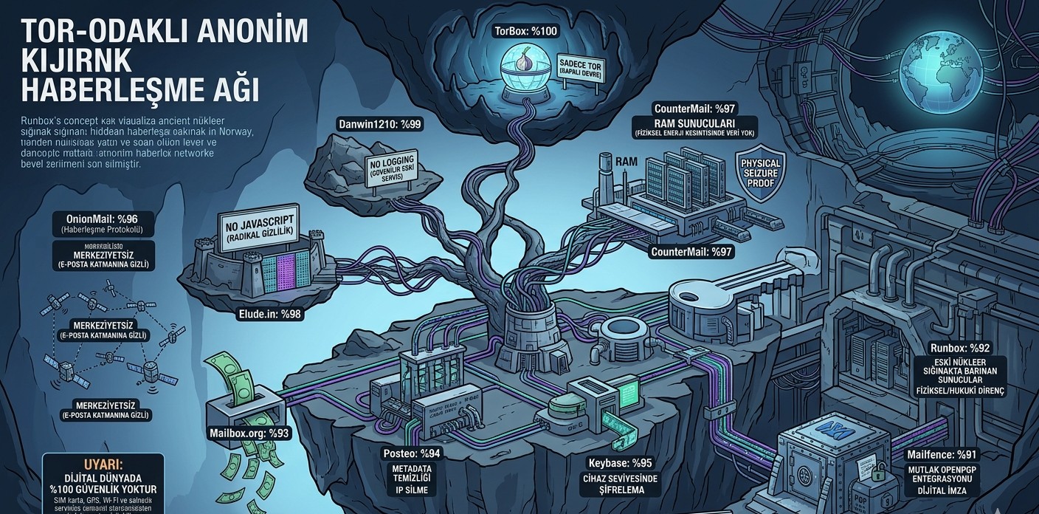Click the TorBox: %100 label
(x=525, y=31)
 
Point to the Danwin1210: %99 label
(x=379, y=124)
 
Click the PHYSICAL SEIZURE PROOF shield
(x=761, y=171)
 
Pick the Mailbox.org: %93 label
(x=249, y=434)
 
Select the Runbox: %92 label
(x=959, y=347)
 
